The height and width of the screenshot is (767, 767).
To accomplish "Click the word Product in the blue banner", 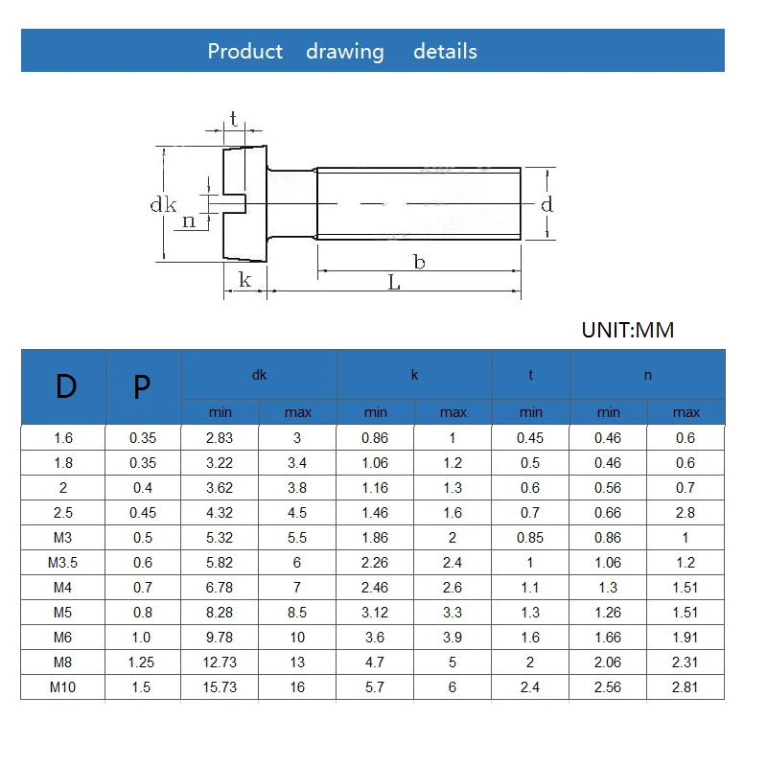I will coord(245,52).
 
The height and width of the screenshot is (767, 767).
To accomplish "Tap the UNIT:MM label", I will coord(628,330).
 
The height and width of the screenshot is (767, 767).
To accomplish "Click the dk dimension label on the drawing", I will coord(163,204).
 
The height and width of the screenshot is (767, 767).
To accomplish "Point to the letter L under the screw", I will coord(394,284).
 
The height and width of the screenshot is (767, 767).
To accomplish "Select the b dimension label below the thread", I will coord(419,261).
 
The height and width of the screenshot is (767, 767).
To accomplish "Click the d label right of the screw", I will coord(546,204).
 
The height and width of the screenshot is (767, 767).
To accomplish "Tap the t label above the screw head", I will coord(234,120).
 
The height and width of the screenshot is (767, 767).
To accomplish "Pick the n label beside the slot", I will coord(189,221).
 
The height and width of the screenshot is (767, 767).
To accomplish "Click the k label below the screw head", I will coord(244,280).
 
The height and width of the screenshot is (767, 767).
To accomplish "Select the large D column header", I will coord(64,386).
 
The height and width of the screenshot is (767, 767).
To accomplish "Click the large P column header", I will coord(142,386).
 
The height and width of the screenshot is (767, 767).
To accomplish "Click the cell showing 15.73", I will coord(221,687).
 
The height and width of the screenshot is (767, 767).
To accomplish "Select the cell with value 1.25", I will coord(142,662).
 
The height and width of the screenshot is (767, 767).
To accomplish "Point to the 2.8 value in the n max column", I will coord(686,513).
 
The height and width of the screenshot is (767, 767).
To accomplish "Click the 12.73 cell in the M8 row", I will coord(221,662).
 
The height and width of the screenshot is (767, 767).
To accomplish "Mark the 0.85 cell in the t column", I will coord(530,538).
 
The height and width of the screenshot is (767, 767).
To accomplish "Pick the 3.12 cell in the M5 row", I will coord(376,613).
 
